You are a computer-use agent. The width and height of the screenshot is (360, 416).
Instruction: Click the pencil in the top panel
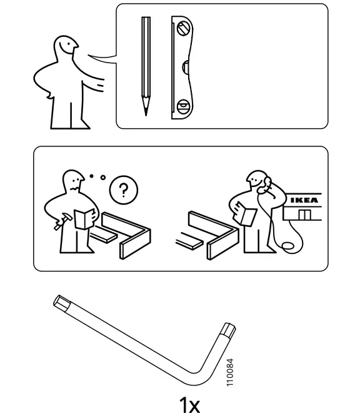pos(146,63)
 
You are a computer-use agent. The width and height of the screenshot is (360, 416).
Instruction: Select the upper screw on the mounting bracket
pos(182,28)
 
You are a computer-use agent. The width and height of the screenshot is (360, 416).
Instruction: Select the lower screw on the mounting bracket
pos(182,106)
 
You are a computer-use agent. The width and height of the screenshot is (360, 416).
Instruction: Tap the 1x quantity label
pos(189,405)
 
